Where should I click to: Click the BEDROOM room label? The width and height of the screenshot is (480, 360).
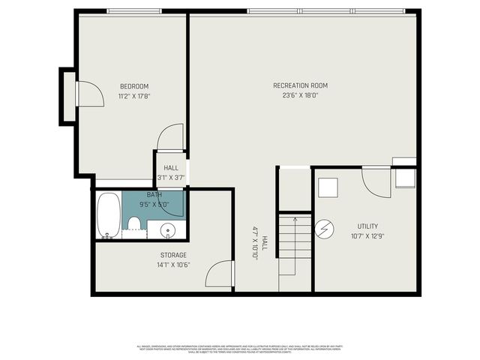pyautogui.click(x=134, y=85)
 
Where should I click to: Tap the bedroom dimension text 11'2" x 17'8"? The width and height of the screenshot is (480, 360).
pyautogui.click(x=134, y=96)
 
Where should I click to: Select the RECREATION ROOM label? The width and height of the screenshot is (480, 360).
pyautogui.click(x=300, y=85)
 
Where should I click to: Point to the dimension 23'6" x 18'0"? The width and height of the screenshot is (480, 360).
pyautogui.click(x=300, y=95)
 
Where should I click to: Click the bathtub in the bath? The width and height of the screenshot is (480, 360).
pyautogui.click(x=109, y=214)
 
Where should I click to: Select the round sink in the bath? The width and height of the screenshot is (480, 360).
pyautogui.click(x=166, y=230)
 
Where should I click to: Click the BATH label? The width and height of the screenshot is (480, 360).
pyautogui.click(x=154, y=194)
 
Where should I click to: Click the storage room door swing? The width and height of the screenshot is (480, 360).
pyautogui.click(x=220, y=273)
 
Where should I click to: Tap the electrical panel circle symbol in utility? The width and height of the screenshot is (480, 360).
pyautogui.click(x=325, y=227)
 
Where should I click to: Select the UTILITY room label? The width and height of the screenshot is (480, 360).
pyautogui.click(x=367, y=226)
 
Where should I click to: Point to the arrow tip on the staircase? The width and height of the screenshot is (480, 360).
pyautogui.click(x=294, y=220)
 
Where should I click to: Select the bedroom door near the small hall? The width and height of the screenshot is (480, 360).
pyautogui.click(x=171, y=137)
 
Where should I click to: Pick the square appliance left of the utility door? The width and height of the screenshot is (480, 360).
pyautogui.click(x=328, y=187)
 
